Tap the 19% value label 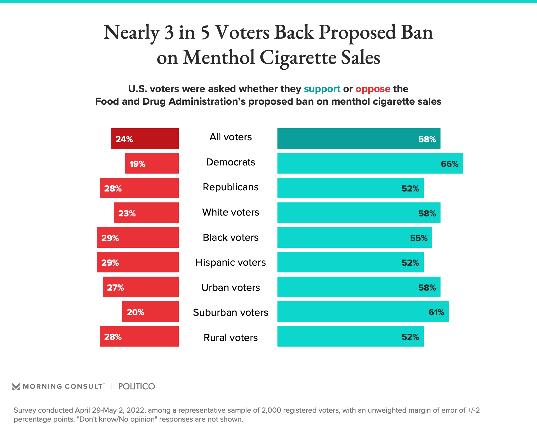(137, 164)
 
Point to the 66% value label (449, 164)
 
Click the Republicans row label (230, 187)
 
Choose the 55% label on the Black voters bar (419, 238)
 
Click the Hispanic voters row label (230, 262)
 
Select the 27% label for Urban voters (116, 288)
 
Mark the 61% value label (436, 312)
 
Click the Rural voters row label (230, 338)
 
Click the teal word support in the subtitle (322, 89)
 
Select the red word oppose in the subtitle (373, 89)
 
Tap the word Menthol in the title (219, 58)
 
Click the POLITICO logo (136, 386)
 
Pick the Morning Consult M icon (16, 386)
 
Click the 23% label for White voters (127, 213)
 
